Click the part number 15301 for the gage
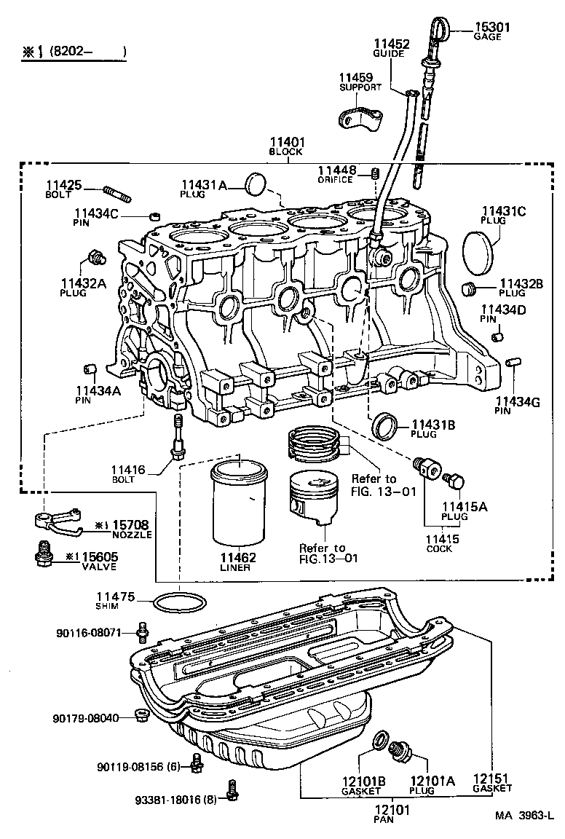492,27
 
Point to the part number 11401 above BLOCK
287,142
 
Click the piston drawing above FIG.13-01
314,497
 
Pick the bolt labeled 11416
178,437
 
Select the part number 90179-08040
86,718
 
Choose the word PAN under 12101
383,819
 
